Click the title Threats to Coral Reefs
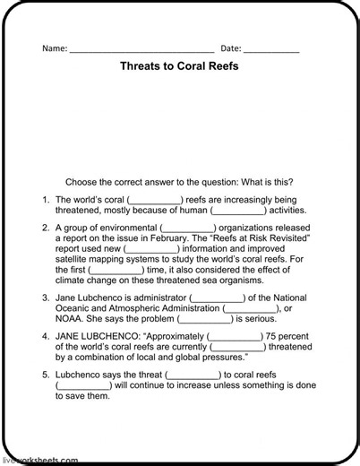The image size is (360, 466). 180,66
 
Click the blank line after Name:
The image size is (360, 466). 141,49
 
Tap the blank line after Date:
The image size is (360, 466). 271,49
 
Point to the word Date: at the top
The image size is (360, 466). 231,48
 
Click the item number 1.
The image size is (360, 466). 46,200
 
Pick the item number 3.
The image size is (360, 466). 46,298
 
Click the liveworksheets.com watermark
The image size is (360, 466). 40,461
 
